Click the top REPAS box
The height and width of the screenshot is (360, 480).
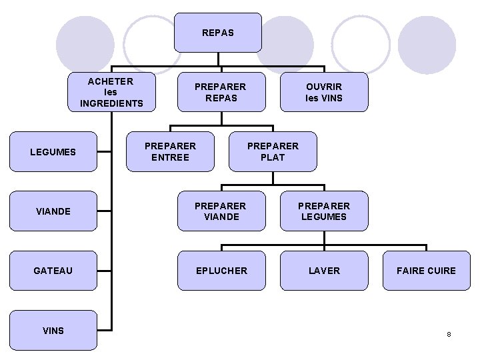pos(218,32)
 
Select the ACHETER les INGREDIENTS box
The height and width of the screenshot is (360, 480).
pos(111,92)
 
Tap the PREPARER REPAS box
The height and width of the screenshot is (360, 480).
pos(220,92)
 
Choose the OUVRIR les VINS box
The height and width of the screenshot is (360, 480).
pos(324,92)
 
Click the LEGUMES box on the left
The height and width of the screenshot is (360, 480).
pos(53,152)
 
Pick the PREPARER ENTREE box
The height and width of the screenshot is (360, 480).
pos(171,151)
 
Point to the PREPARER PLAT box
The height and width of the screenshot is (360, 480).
pos(273,151)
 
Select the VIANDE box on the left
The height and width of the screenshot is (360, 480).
pos(53,211)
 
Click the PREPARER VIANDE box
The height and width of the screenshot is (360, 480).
pos(221,211)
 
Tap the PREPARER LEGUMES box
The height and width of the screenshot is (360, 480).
pos(324,211)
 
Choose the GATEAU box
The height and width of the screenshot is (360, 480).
pos(53,271)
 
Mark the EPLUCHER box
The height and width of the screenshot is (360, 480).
pos(221,271)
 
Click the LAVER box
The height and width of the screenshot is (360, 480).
pos(324,271)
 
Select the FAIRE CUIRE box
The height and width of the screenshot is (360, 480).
pos(427,271)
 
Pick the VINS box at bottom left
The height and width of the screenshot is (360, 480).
pos(53,330)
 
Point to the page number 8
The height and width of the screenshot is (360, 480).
pos(449,333)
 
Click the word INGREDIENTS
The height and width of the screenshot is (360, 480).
pos(111,103)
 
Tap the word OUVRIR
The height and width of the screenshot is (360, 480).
pos(324,87)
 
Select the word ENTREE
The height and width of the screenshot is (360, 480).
pos(171,157)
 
